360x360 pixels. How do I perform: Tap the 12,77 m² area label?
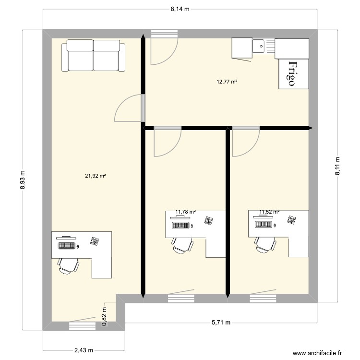coord(228,82)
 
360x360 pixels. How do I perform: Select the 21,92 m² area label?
coord(95,176)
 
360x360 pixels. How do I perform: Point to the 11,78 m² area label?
coord(186,211)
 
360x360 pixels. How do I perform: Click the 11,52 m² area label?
coord(269,211)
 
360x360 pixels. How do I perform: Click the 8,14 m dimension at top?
coord(180,9)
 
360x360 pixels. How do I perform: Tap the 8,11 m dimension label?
coord(337,167)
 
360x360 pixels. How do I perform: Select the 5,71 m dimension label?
coord(220,323)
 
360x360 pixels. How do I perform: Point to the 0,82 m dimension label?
coord(104,317)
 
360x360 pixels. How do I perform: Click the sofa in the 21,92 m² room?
coord(93,56)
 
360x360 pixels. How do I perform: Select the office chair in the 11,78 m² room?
coord(182,244)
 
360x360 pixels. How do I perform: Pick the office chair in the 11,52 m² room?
coord(265,243)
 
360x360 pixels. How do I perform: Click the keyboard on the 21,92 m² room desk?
coord(67,246)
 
